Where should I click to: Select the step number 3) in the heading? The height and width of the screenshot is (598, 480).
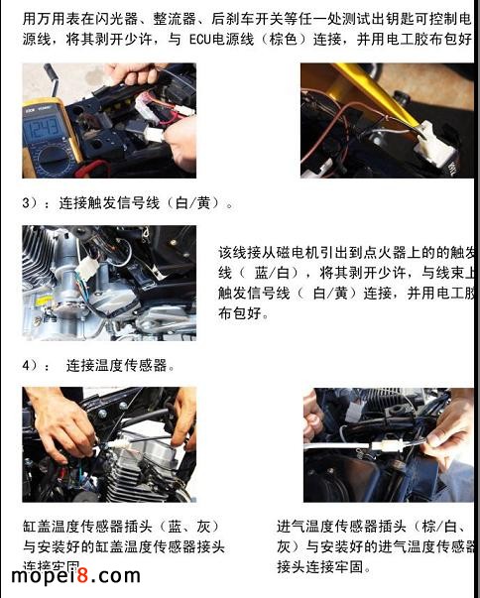point(31,204)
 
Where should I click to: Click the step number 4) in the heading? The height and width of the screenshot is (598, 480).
point(31,365)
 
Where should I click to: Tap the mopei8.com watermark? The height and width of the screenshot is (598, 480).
point(76,576)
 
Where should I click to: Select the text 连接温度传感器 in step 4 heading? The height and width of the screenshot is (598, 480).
point(120,365)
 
